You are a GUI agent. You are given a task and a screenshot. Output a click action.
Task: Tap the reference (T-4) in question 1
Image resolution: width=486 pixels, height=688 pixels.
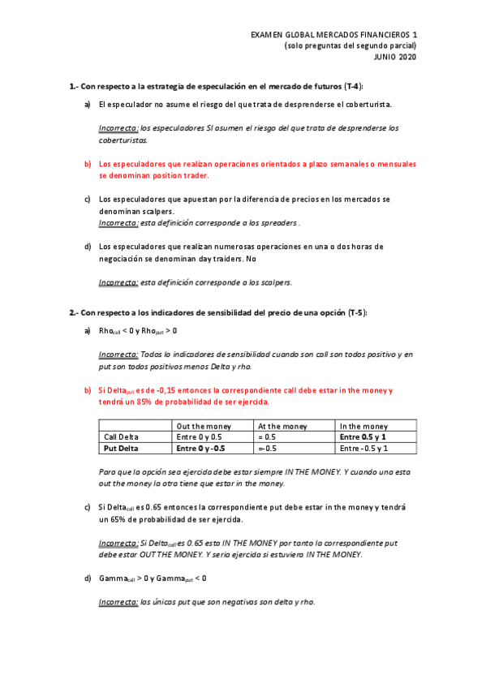[351, 86]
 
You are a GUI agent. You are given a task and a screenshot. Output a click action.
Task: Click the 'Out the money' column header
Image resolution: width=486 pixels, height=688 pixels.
[204, 426]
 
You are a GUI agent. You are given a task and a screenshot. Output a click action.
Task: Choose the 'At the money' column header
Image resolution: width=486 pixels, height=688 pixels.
[282, 426]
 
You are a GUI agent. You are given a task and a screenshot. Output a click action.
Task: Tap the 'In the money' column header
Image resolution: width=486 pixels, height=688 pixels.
[363, 426]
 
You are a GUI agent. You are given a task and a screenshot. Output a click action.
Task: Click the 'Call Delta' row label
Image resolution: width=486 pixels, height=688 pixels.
[123, 436]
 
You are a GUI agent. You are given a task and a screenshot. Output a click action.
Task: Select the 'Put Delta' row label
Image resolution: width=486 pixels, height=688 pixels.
[122, 448]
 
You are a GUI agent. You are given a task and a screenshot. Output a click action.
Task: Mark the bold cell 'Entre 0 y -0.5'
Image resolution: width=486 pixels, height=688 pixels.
[201, 448]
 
